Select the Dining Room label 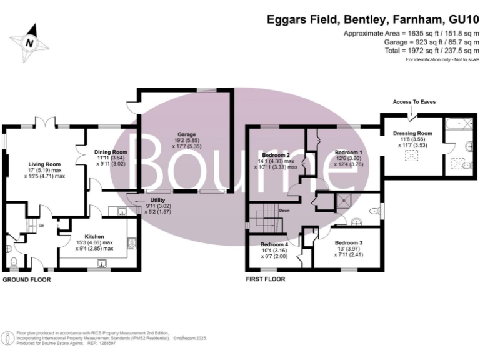pyautogui.click(x=111, y=152)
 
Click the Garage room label pyautogui.click(x=186, y=134)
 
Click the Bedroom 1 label pyautogui.click(x=348, y=152)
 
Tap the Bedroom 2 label pyautogui.click(x=276, y=154)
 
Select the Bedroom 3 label pyautogui.click(x=348, y=242)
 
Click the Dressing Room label pyautogui.click(x=412, y=133)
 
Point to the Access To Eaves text pyautogui.click(x=414, y=101)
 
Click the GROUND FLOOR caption pyautogui.click(x=27, y=280)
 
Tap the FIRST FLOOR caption pyautogui.click(x=266, y=280)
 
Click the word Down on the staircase pyautogui.click(x=284, y=211)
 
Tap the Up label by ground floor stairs pyautogui.click(x=41, y=225)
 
